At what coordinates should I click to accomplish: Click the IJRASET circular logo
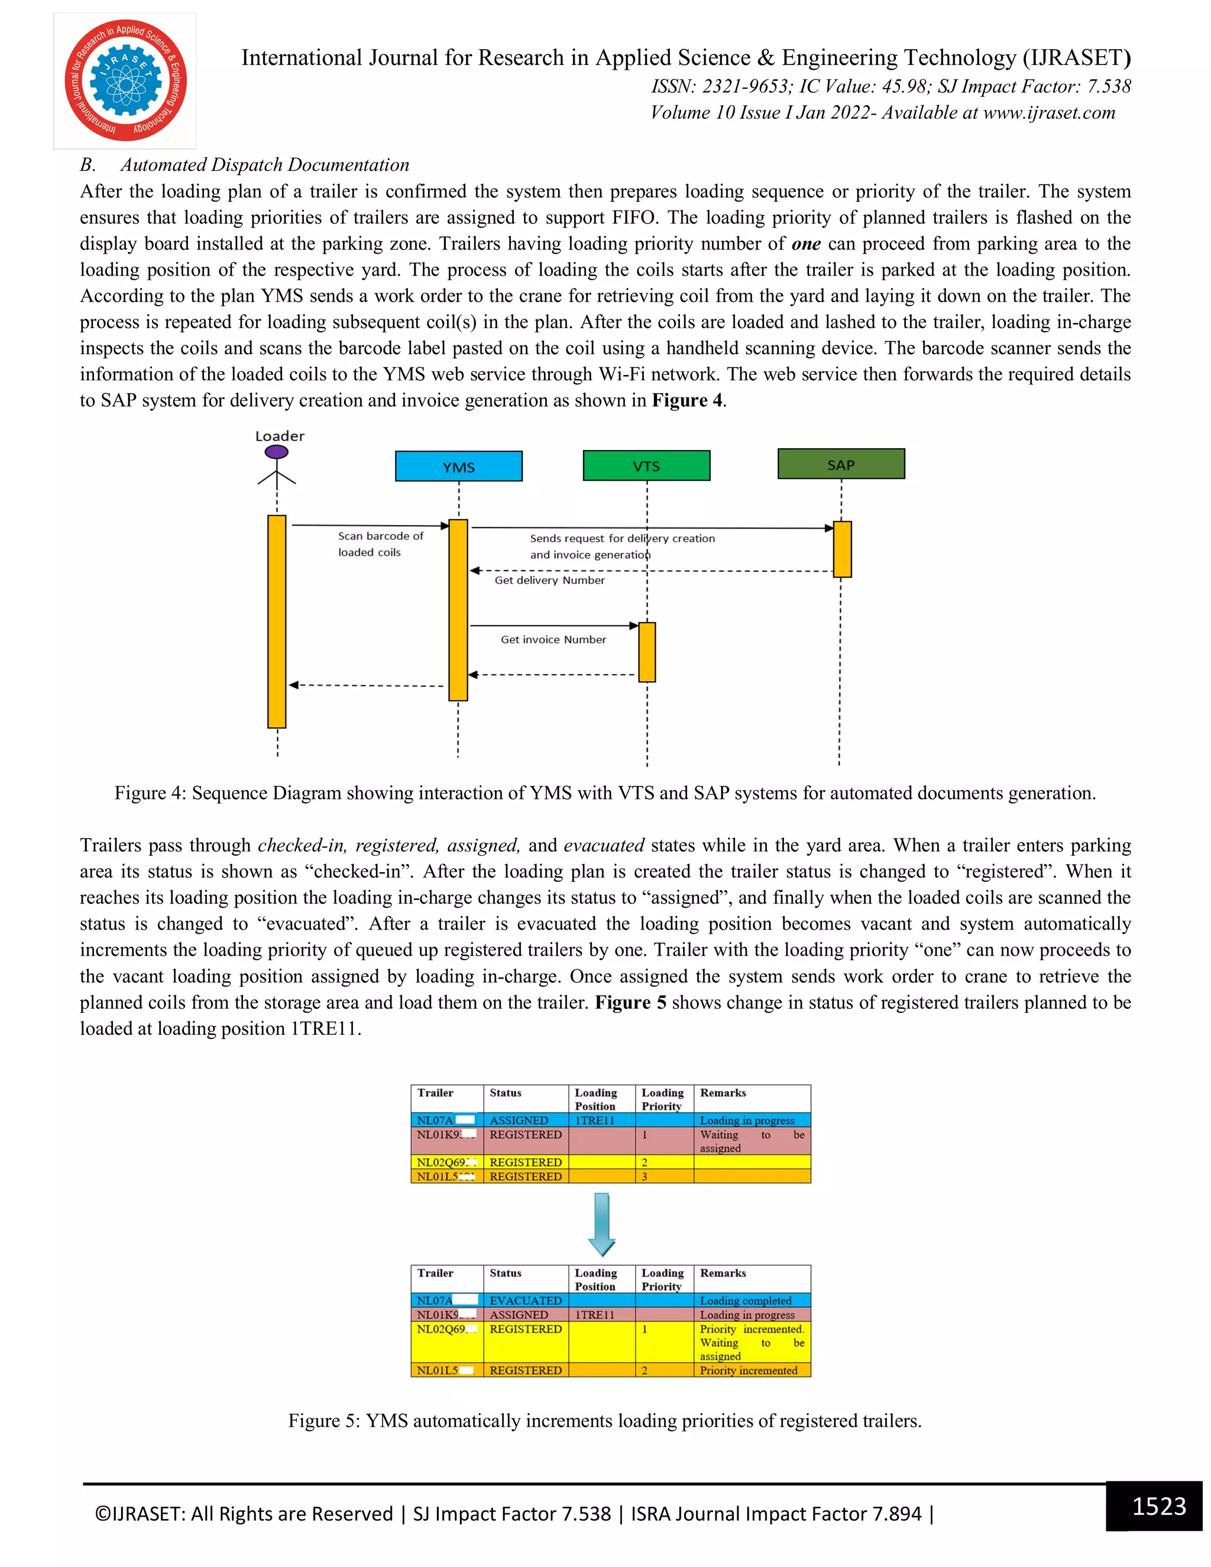pyautogui.click(x=125, y=80)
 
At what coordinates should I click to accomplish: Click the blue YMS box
pyautogui.click(x=458, y=467)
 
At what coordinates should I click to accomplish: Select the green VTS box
pyautogui.click(x=646, y=465)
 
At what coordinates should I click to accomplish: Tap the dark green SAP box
pyautogui.click(x=841, y=464)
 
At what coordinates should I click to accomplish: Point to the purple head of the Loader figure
pyautogui.click(x=276, y=452)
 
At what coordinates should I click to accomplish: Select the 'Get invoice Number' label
pyautogui.click(x=553, y=639)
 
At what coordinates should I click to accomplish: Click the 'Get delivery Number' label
pyautogui.click(x=549, y=579)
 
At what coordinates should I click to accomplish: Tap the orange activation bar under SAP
pyautogui.click(x=842, y=549)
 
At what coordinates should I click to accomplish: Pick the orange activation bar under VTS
pyautogui.click(x=646, y=652)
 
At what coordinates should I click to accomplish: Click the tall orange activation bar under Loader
pyautogui.click(x=277, y=621)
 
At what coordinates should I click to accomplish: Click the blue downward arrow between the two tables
pyautogui.click(x=602, y=1223)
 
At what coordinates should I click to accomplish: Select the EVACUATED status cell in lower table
pyautogui.click(x=525, y=1300)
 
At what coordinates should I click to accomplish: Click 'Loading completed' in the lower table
pyautogui.click(x=746, y=1300)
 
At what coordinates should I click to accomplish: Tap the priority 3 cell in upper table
pyautogui.click(x=645, y=1177)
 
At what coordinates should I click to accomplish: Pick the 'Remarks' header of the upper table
pyautogui.click(x=723, y=1093)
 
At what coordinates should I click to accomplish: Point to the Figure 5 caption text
pyautogui.click(x=605, y=1420)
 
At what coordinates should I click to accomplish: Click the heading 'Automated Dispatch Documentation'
pyautogui.click(x=265, y=165)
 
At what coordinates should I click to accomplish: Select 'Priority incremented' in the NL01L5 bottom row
pyautogui.click(x=748, y=1369)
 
